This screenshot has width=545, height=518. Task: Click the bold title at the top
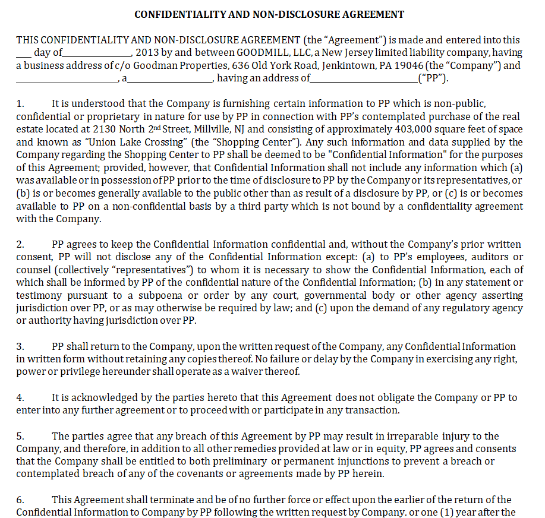pyautogui.click(x=269, y=14)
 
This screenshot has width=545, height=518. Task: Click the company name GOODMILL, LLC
pyautogui.click(x=259, y=53)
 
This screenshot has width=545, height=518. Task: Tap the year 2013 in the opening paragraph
pyautogui.click(x=147, y=53)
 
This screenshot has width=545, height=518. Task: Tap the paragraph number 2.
pyautogui.click(x=20, y=244)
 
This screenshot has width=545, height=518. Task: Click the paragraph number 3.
pyautogui.click(x=20, y=346)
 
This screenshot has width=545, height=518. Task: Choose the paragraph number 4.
pyautogui.click(x=20, y=397)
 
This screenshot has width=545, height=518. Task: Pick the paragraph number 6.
pyautogui.click(x=20, y=500)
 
